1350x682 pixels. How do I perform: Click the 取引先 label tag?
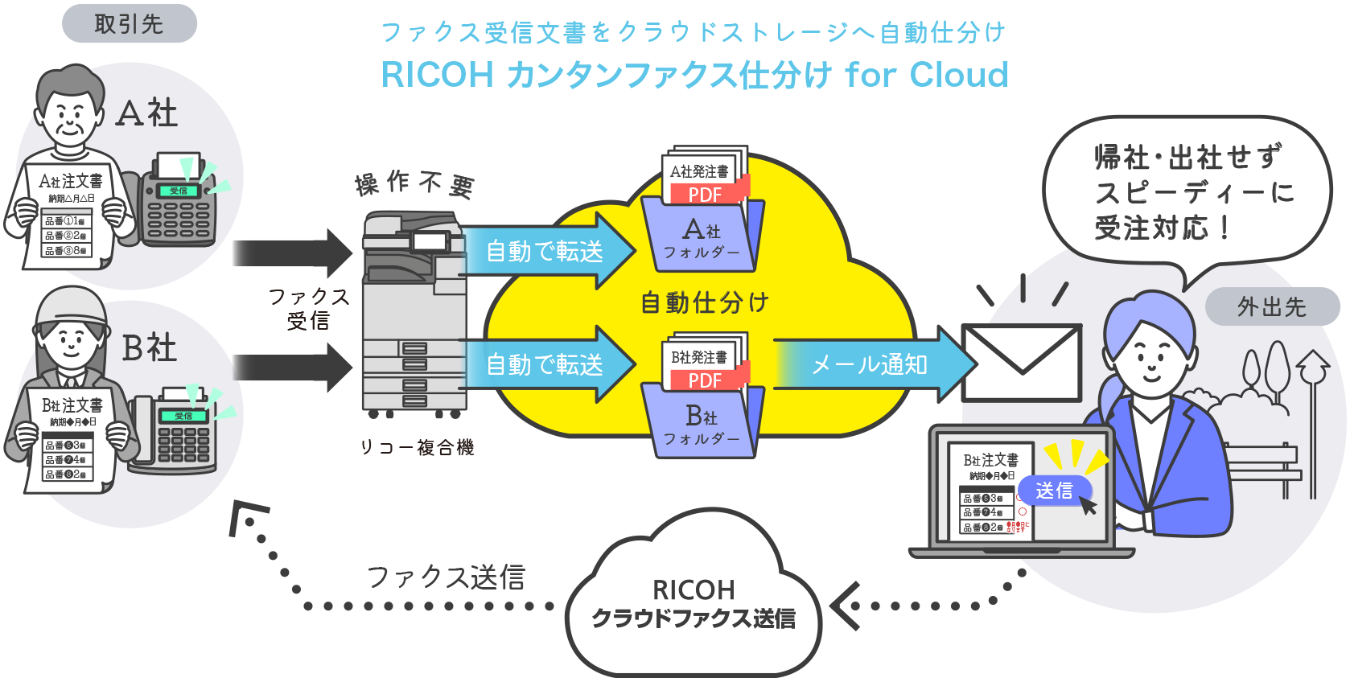[x=129, y=24]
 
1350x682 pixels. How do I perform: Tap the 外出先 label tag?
[x=1271, y=306]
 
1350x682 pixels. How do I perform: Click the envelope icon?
[x=1021, y=362]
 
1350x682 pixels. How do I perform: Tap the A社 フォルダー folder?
[x=702, y=237]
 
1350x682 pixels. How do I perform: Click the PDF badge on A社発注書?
[x=706, y=195]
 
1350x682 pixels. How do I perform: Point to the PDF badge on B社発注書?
[x=706, y=380]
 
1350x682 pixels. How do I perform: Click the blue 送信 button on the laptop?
[x=1054, y=490]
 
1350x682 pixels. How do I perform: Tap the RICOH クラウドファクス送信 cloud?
[x=694, y=603]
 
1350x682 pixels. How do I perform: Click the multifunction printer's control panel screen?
[x=430, y=241]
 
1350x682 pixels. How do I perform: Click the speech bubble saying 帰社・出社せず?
[x=1187, y=193]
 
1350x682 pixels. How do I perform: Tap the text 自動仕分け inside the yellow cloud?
[x=705, y=302]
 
